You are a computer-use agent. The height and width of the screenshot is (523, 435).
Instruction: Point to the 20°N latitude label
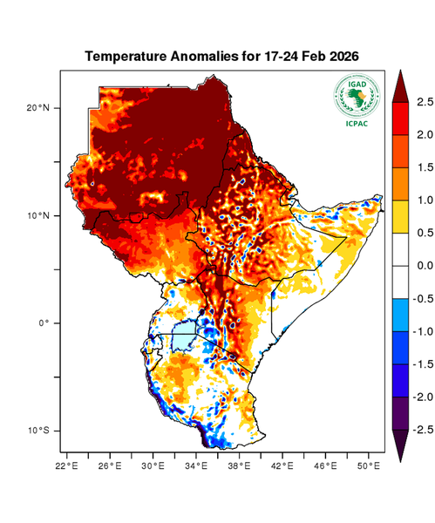(39, 108)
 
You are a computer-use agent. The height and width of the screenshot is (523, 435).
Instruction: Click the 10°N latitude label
(39, 215)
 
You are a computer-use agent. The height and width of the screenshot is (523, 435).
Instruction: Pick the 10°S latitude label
(39, 431)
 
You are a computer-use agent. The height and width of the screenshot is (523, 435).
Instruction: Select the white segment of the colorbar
(402, 266)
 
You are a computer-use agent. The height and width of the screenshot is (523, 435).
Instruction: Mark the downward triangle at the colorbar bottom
(402, 445)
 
